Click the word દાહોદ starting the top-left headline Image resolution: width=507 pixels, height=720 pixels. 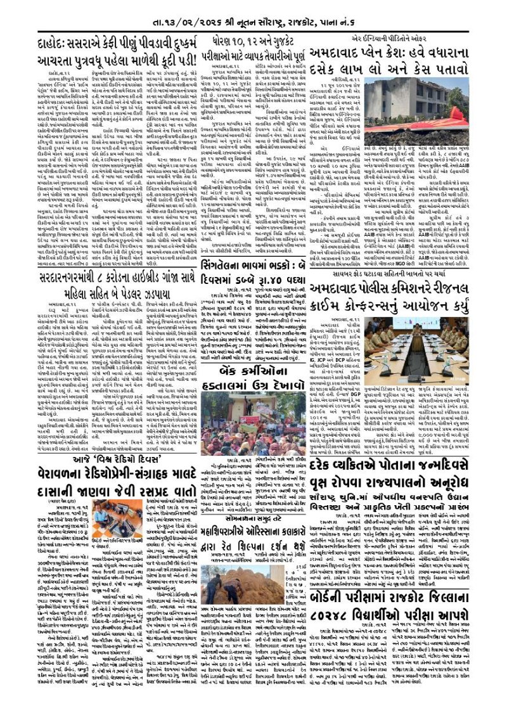57,46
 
